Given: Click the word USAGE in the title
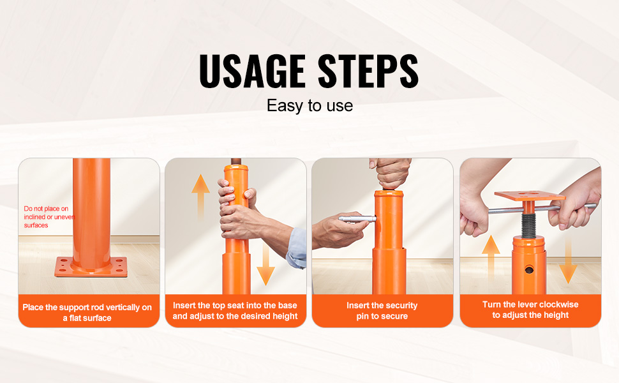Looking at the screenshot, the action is click(252, 71).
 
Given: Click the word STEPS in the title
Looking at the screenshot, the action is click(368, 71).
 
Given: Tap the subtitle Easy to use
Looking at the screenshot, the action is click(310, 106).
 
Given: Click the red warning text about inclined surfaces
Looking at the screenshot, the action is click(48, 217).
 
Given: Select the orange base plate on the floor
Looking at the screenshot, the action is click(91, 267).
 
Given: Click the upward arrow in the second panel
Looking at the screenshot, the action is click(200, 196).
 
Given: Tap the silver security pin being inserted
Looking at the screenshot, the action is click(357, 218).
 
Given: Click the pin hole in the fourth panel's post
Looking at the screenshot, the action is click(529, 269).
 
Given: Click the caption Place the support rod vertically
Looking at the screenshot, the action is click(87, 312).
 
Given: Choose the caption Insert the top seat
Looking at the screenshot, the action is click(235, 311).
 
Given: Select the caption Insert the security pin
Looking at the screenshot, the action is click(382, 311).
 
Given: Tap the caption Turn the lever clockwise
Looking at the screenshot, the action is click(530, 310).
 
